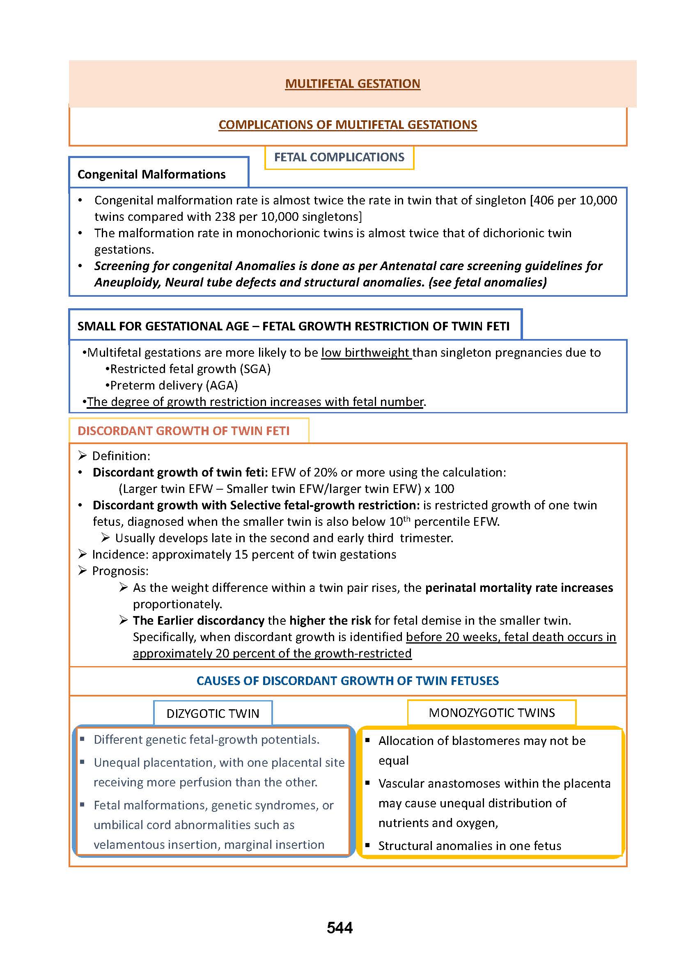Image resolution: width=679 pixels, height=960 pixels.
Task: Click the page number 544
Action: [x=339, y=928]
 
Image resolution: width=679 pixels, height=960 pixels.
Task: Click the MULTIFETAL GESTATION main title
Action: [x=353, y=84]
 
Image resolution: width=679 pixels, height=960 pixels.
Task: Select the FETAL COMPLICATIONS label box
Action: [x=339, y=157]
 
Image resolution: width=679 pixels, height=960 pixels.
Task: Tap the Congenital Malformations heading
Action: [x=151, y=174]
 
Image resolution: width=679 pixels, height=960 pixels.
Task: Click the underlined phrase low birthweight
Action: [x=365, y=353]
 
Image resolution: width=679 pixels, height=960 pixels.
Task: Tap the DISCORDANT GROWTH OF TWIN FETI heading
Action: [x=184, y=431]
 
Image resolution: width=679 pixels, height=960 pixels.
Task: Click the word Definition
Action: [x=119, y=456]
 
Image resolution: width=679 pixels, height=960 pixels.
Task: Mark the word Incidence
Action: [x=119, y=554]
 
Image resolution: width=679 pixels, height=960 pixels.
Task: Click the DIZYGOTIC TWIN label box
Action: [x=213, y=713]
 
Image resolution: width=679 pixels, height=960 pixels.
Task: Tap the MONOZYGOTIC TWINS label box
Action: [x=492, y=713]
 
